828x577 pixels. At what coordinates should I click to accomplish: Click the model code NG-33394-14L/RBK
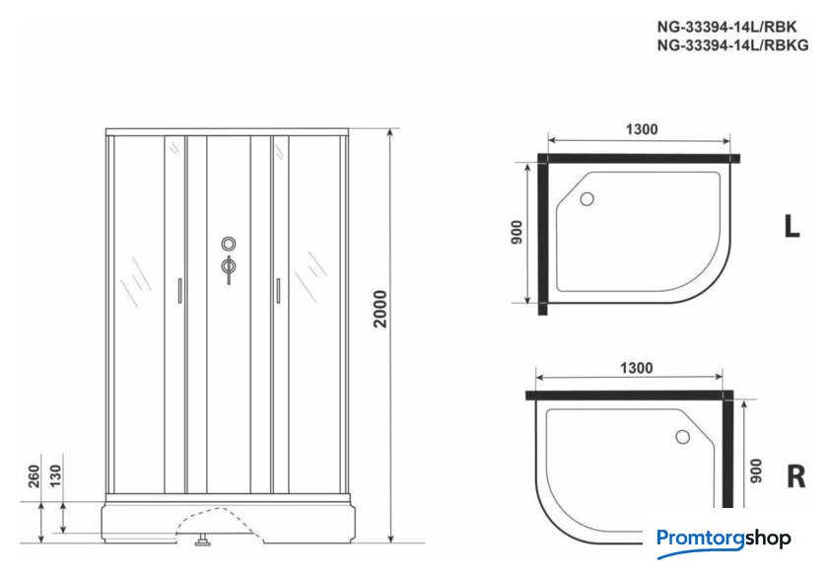tap(726, 27)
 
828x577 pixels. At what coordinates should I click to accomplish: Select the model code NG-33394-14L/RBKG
tap(732, 45)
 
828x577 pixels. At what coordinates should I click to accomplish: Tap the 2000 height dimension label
tap(380, 309)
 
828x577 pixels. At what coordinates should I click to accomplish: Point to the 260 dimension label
tap(34, 476)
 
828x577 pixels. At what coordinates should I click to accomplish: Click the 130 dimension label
tap(55, 476)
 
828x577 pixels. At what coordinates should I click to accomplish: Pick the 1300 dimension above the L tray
tap(642, 129)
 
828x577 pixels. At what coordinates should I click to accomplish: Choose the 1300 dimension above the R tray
tap(637, 368)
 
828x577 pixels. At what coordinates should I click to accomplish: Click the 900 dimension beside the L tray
tap(517, 232)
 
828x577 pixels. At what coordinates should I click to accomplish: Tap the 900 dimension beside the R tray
tap(756, 470)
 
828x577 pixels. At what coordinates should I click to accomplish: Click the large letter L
tap(792, 227)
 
